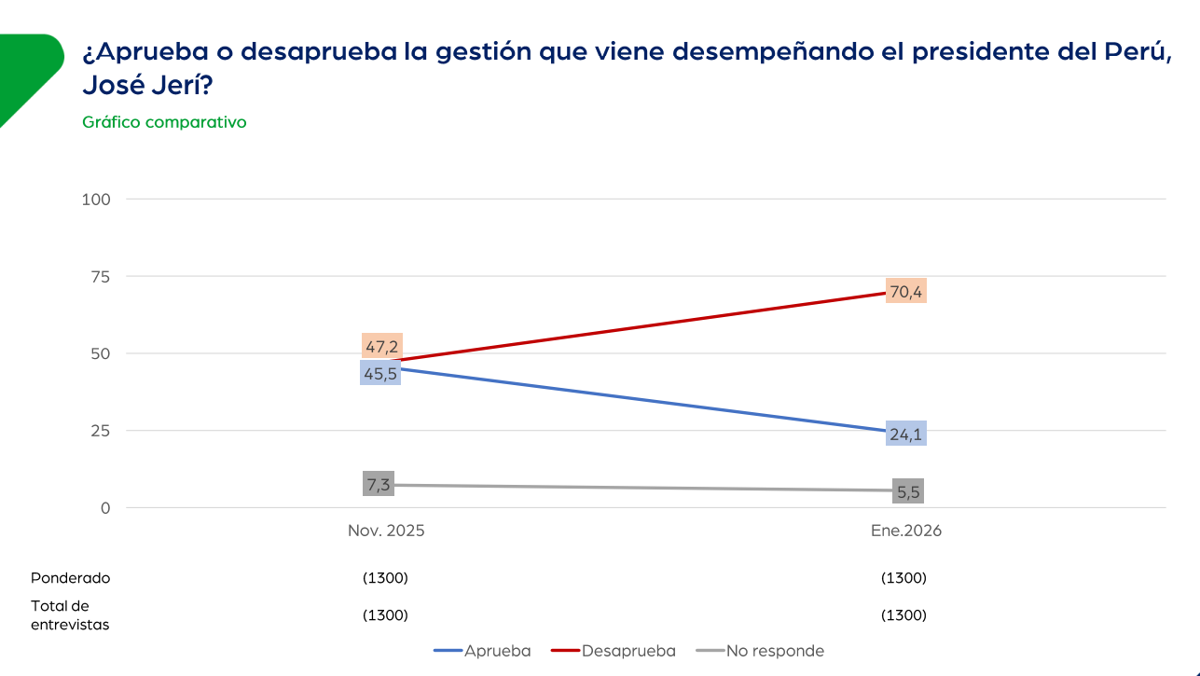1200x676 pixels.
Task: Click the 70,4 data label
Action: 905,292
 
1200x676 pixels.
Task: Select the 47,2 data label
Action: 380,347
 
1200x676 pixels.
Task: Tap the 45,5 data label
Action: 380,374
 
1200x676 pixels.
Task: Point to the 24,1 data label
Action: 905,434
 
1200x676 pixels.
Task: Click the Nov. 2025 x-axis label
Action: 386,531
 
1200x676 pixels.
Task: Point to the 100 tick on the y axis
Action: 97,199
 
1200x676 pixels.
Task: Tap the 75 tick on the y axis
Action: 101,276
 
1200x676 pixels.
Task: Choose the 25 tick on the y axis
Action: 101,431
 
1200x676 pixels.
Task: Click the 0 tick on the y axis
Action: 105,508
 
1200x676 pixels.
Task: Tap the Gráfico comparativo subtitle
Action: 164,122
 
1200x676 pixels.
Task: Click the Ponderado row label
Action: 70,578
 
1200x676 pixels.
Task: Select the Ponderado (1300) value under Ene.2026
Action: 903,578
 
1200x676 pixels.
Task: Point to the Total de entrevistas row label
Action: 70,615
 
